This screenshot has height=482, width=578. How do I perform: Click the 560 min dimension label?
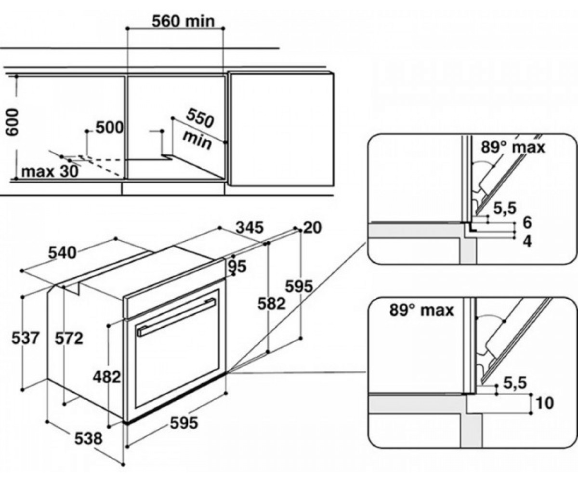183,21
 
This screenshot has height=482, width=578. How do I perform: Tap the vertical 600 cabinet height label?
12,122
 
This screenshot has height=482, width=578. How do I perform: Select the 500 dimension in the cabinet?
109,127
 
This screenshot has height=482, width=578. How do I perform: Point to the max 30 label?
50,172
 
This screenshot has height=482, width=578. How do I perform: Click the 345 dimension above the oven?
249,228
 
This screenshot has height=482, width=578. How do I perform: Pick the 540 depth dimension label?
62,253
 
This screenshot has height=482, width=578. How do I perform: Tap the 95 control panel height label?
237,267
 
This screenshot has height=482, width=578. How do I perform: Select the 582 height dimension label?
271,303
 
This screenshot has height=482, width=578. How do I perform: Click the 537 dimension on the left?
25,338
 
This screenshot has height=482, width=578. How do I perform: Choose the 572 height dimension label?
69,338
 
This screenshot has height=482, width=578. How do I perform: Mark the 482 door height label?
107,377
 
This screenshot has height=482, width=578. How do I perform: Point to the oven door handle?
177,317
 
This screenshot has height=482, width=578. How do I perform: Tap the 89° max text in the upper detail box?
513,147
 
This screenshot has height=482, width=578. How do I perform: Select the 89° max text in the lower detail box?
421,310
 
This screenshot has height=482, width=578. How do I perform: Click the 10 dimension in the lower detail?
544,403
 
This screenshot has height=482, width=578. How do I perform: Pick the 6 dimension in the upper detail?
527,222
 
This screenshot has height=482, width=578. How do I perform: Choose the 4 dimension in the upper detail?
528,241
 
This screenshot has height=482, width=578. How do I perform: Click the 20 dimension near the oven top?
313,228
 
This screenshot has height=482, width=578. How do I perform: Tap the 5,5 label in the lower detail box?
515,383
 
